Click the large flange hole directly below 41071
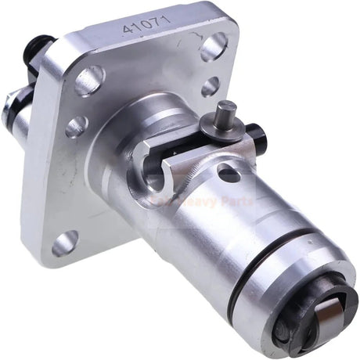click(90, 81)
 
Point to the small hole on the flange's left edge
click(75, 124)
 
